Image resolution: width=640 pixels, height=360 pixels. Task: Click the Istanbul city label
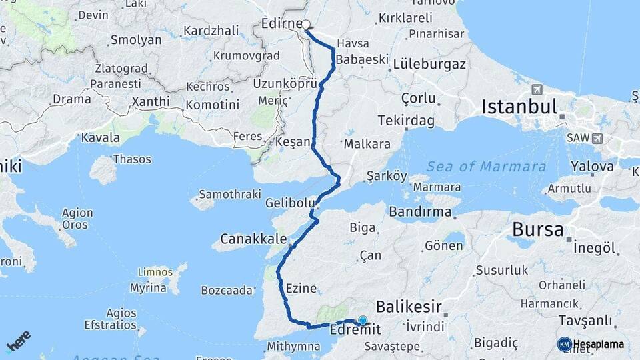pos(519,107)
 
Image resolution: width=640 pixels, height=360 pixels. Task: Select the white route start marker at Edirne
pos(306,25)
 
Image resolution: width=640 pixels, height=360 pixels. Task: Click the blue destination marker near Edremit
pos(363,321)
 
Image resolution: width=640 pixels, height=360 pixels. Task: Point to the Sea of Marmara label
pos(486,167)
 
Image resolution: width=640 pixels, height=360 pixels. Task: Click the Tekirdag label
pos(405,121)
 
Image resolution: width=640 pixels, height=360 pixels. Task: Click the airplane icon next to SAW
pos(596,138)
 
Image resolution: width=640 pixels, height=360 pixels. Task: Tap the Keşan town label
pos(292,142)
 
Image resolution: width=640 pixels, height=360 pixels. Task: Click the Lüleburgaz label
pos(429,65)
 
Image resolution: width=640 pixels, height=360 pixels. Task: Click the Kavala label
pos(100,138)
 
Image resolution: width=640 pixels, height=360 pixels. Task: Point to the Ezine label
pos(301,289)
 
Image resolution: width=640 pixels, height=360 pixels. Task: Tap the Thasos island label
pos(132,159)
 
